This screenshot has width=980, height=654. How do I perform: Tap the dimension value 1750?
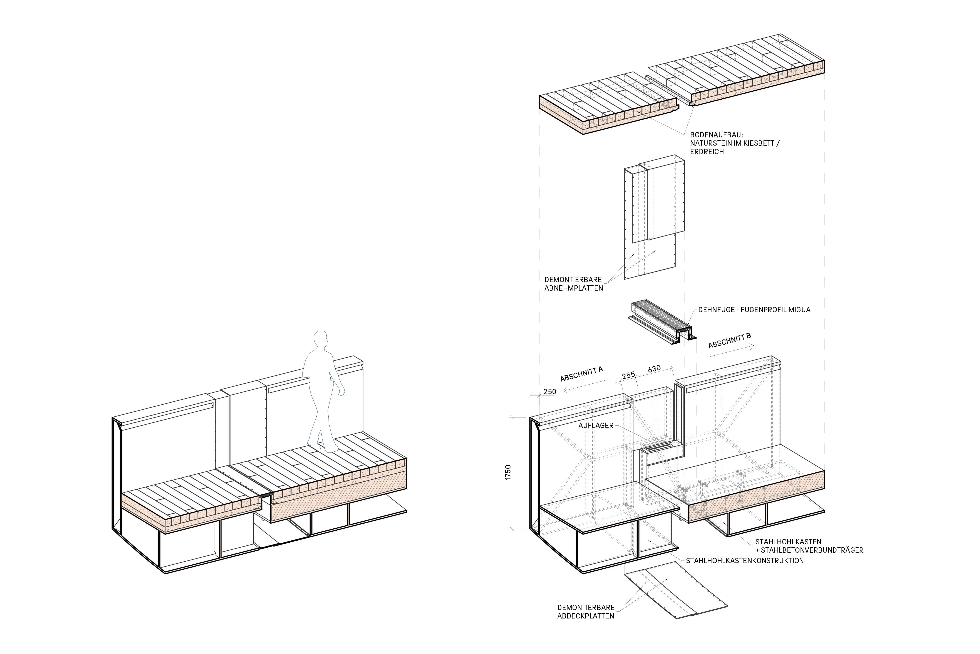click(508, 472)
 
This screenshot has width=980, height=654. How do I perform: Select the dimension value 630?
click(654, 369)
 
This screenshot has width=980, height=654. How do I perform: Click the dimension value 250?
click(550, 392)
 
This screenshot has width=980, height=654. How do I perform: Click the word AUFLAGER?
click(596, 426)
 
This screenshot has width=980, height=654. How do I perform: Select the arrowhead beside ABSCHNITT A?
click(564, 391)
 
